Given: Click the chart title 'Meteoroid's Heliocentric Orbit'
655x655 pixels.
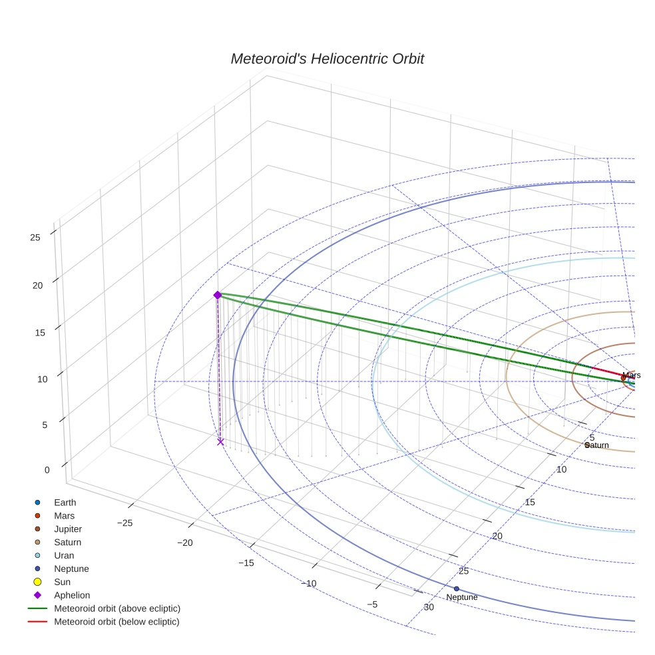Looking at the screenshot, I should click(327, 59).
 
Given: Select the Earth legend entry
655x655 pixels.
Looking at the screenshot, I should click(65, 503).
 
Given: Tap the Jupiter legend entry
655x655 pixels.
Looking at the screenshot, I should click(68, 529).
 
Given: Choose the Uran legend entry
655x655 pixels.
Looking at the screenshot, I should click(64, 556).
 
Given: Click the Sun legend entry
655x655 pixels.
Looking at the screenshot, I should click(63, 582).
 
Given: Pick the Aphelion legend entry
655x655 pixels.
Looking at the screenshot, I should click(71, 596).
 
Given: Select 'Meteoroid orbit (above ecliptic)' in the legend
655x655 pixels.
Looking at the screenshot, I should click(117, 608).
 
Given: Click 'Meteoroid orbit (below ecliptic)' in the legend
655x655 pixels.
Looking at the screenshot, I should click(116, 622).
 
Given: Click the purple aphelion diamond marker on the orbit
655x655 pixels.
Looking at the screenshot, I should click(217, 295).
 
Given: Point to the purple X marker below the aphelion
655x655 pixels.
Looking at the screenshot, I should click(220, 441).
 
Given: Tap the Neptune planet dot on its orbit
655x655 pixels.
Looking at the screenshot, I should click(456, 588).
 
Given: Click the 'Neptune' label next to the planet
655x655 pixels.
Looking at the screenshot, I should click(462, 598).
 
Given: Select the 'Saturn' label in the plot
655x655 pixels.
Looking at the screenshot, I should click(597, 445).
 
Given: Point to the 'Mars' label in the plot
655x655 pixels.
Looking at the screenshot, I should click(632, 375).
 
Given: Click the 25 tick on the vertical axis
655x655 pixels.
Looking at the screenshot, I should click(36, 237).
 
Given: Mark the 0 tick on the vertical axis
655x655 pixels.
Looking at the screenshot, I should click(47, 470).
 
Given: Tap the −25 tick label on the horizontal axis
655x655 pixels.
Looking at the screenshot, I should click(124, 523).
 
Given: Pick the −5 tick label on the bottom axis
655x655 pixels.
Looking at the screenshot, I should click(371, 604).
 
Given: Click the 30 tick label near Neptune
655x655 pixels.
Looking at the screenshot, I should click(429, 607).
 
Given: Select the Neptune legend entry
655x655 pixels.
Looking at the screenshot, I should click(71, 569).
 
